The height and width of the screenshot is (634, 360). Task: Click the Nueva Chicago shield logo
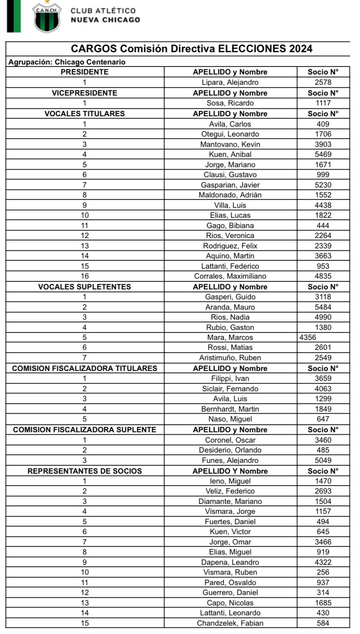pos(47,18)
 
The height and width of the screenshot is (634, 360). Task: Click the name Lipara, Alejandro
pos(230,82)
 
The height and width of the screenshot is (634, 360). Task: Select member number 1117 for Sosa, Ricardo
pos(323,103)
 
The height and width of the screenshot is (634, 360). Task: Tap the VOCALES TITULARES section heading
pos(84,113)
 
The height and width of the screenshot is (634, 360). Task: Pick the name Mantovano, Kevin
pos(230,144)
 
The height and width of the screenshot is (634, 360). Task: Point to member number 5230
pos(323,185)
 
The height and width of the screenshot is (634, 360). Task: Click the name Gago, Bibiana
pos(230,225)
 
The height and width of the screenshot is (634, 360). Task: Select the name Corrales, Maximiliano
pos(230,276)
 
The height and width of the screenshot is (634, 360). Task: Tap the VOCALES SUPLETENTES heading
pos(84,287)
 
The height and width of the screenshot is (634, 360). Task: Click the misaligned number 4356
pos(308,337)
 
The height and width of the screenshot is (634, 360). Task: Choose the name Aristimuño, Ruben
pos(230,358)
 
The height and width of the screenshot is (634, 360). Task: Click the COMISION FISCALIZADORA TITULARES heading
pos(84,368)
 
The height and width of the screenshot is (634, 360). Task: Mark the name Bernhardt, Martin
pos(230,409)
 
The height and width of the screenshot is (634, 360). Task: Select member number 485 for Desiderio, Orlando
pos(323,450)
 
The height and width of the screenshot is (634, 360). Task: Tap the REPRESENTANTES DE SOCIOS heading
pos(84,471)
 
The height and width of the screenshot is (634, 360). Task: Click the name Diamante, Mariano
pos(230,501)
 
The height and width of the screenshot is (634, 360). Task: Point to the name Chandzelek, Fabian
pos(230,623)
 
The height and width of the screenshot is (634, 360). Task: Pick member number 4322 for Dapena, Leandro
pos(323,562)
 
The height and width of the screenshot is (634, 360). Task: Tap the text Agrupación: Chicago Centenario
pos(67,62)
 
